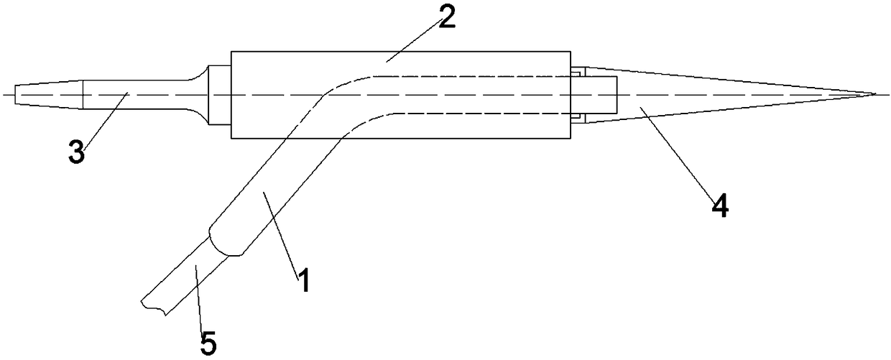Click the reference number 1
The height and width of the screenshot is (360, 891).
(x=304, y=280)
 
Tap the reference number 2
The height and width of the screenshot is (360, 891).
(x=447, y=18)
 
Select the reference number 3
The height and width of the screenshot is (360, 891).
(x=77, y=152)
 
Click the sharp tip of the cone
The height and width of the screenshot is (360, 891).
(x=874, y=95)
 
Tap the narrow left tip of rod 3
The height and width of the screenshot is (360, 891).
(x=17, y=95)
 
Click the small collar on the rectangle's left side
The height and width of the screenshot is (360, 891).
(x=218, y=94)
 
